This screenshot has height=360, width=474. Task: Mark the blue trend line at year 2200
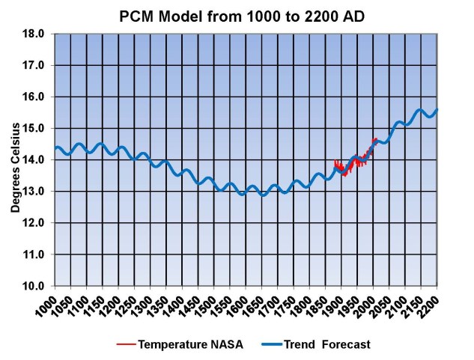pyautogui.click(x=437, y=110)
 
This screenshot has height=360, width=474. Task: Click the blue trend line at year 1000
pyautogui.click(x=55, y=147)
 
